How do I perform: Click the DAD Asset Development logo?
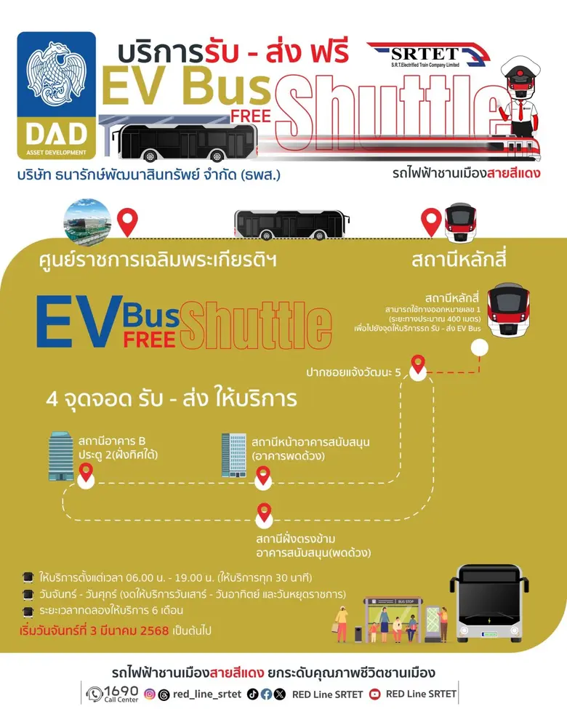pos(57,95)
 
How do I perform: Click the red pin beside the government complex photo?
pos(128,221)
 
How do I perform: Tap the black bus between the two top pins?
pos(289,225)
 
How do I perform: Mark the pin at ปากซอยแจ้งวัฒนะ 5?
pos(418,364)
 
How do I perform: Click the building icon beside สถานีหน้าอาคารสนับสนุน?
pos(233,454)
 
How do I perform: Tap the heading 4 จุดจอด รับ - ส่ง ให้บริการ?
pos(171,399)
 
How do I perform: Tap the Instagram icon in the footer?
pos(150,694)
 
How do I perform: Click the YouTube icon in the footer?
pos(374,694)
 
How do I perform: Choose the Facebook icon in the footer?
pos(266,694)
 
